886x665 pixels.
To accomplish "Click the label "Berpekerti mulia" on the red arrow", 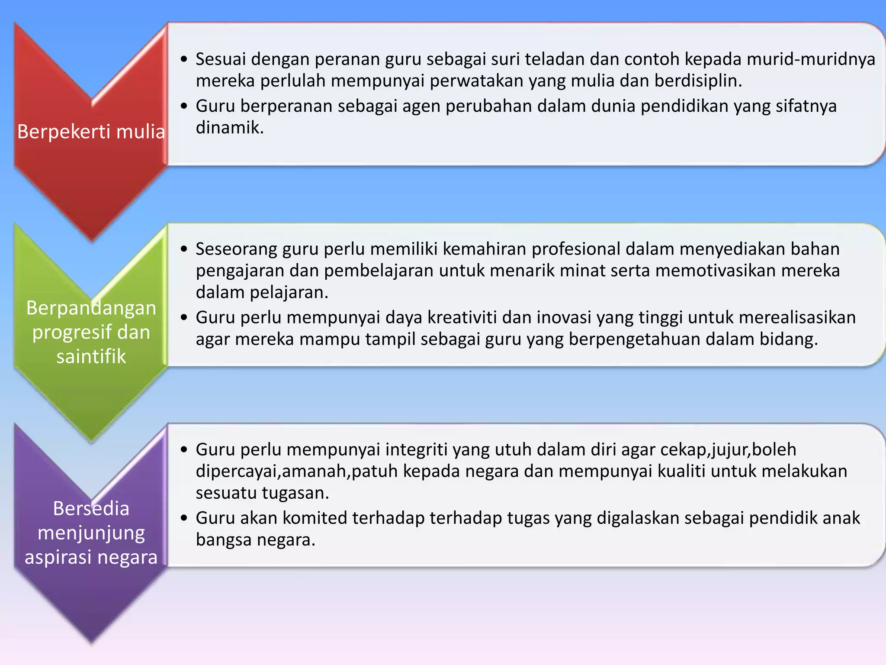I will (91, 132).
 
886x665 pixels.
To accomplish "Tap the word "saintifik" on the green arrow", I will (91, 356).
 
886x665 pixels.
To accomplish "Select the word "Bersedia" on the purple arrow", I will (91, 508).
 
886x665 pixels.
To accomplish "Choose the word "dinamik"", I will (229, 128).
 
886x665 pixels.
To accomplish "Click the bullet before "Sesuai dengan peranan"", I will (185, 59).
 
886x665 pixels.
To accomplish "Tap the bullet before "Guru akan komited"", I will (185, 518).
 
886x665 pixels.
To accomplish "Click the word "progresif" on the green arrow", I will (69, 332).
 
